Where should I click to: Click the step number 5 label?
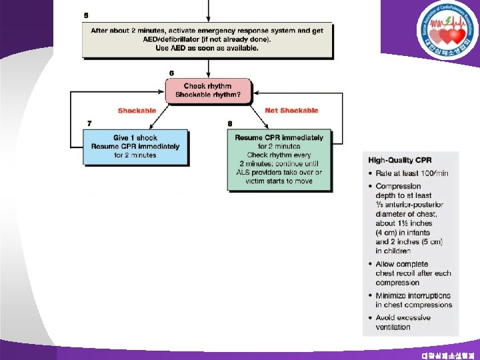(86, 15)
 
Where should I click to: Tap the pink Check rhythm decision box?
(208, 91)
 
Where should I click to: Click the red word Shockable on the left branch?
(137, 111)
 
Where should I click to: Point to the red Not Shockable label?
(291, 111)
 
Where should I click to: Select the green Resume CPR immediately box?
(279, 159)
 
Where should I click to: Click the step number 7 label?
(90, 123)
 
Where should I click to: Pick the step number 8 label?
(231, 123)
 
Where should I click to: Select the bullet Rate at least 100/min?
(408, 173)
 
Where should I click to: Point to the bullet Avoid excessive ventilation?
(403, 322)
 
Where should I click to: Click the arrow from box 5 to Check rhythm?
(209, 67)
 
